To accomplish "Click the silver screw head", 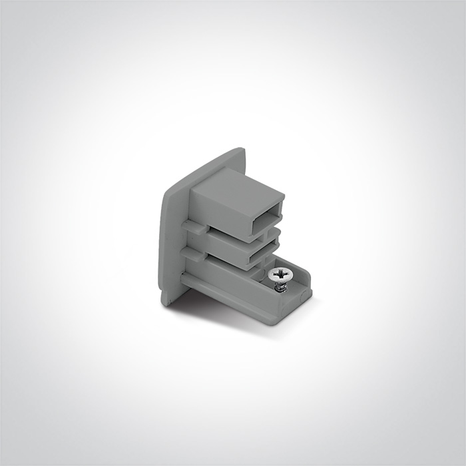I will [x=280, y=273].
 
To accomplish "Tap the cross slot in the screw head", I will [x=280, y=272].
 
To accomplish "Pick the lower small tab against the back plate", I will [x=191, y=254].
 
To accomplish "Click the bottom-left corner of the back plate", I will [x=164, y=303].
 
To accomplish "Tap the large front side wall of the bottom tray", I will [x=233, y=293].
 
